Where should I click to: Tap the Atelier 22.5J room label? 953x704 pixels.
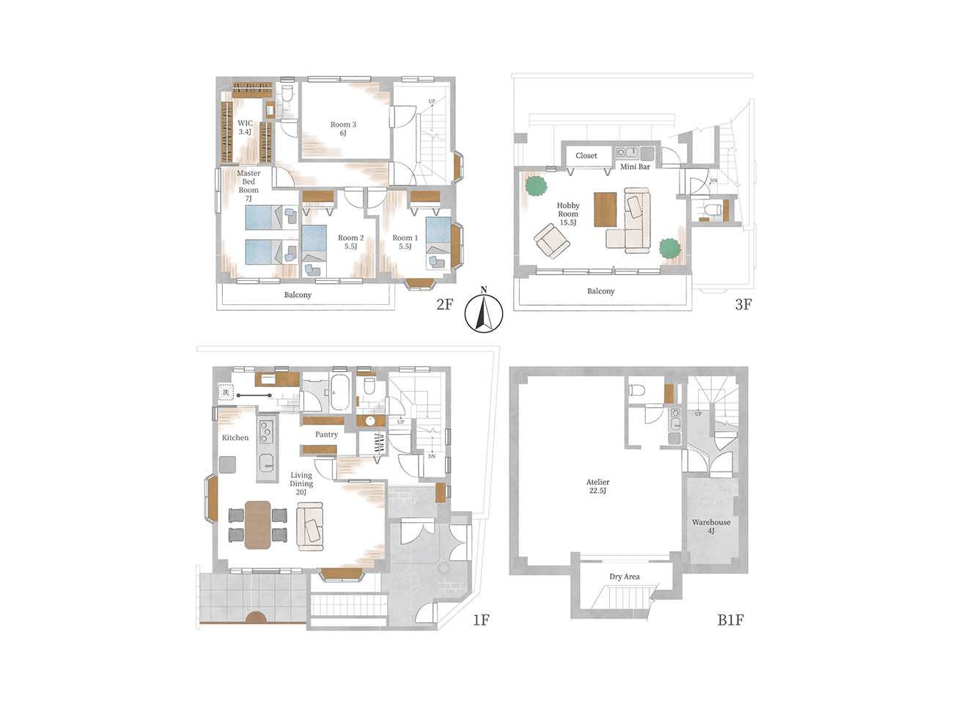(597, 486)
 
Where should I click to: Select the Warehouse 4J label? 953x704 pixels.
(711, 526)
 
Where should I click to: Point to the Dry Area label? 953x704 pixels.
(625, 576)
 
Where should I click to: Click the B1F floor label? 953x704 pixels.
(730, 620)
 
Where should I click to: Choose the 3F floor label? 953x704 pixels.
(743, 304)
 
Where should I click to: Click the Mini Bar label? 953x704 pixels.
(635, 166)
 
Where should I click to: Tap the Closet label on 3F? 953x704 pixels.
(586, 155)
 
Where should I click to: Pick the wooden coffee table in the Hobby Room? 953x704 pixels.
(605, 209)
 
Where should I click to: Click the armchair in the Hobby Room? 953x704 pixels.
(552, 241)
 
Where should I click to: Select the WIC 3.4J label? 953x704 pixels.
(245, 127)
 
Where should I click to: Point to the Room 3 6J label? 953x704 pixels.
(343, 128)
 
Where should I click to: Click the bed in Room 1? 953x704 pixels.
(438, 243)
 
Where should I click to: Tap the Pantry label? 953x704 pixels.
(326, 434)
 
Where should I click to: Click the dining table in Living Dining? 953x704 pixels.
(258, 525)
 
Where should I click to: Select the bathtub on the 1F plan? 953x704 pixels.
(339, 392)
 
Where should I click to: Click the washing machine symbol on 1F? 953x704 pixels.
(226, 392)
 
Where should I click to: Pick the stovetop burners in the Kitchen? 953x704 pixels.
(266, 430)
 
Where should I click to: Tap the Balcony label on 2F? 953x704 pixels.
(298, 295)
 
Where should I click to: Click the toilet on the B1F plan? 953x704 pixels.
(636, 390)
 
